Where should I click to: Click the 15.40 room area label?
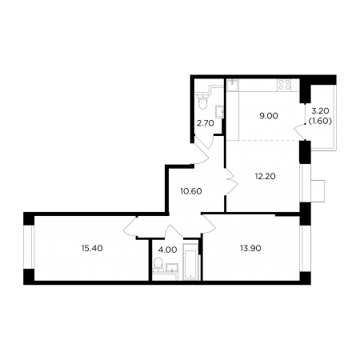[92, 249]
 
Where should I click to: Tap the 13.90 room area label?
[250, 249]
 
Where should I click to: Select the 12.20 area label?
[266, 176]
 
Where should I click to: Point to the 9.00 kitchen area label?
[269, 116]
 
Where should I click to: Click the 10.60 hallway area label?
[191, 191]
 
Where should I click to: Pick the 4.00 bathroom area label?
[167, 250]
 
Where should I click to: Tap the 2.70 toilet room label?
[206, 123]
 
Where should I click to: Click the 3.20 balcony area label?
[320, 110]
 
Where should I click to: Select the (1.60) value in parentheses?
[320, 122]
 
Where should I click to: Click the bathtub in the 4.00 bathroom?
[190, 262]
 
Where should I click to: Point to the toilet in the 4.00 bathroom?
[158, 264]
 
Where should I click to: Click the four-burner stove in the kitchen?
[284, 85]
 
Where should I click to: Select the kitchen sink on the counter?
[233, 85]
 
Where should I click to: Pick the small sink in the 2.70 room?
[219, 112]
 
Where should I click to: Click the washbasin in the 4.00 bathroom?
[172, 267]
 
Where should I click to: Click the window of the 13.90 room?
[305, 249]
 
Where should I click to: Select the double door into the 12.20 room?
[231, 182]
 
